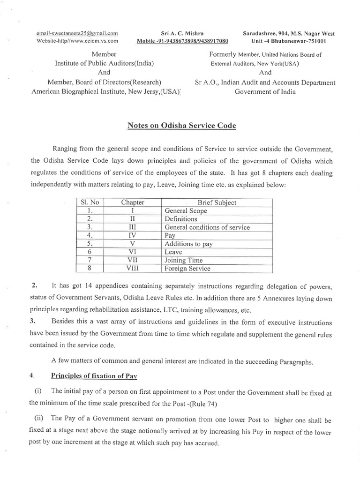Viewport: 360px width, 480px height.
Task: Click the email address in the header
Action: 77,33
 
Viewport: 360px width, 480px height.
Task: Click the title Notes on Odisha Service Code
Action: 182,126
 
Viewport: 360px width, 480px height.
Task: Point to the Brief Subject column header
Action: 217,202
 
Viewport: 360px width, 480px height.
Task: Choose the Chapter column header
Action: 133,202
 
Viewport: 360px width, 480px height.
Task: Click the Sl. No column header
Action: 90,202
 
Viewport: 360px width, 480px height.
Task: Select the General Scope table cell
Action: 186,211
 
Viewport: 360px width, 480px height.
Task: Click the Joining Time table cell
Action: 184,260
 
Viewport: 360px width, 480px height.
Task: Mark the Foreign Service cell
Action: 187,269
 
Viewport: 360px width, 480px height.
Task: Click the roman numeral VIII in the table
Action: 133,269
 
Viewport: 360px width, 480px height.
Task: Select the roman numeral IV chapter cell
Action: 133,236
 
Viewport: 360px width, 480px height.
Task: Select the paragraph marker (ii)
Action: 39,420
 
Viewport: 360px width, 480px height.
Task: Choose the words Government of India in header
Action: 265,92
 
